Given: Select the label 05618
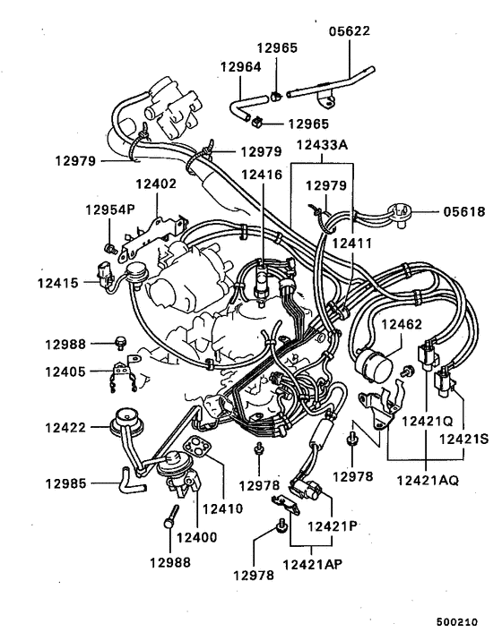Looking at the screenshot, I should pyautogui.click(x=463, y=212).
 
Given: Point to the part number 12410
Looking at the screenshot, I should pyautogui.click(x=223, y=508).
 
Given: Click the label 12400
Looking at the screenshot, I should pyautogui.click(x=196, y=537).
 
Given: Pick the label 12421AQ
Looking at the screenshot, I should pyautogui.click(x=428, y=480).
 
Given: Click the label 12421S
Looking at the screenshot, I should pyautogui.click(x=463, y=439).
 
